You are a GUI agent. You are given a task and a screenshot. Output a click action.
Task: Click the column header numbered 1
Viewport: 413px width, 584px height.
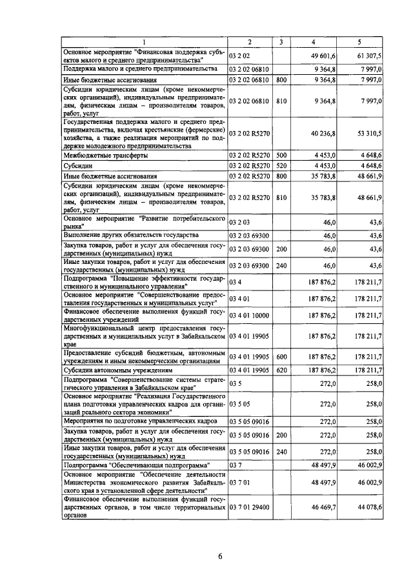145,43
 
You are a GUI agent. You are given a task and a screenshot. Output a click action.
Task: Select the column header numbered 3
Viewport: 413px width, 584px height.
281,43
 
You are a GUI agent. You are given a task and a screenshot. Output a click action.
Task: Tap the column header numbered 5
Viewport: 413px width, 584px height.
359,43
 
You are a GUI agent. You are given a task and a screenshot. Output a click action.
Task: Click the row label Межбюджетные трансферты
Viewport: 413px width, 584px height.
105,156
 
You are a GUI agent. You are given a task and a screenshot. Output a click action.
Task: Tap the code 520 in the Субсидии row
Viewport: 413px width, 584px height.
281,166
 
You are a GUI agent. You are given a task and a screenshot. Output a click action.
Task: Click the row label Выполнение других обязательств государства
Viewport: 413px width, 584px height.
134,235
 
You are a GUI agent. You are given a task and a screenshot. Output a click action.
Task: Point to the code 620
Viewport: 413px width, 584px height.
281,371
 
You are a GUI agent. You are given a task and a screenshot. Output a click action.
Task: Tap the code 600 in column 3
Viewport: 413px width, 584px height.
281,356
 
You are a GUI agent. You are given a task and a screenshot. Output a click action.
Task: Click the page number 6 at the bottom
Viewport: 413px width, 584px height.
219,558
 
